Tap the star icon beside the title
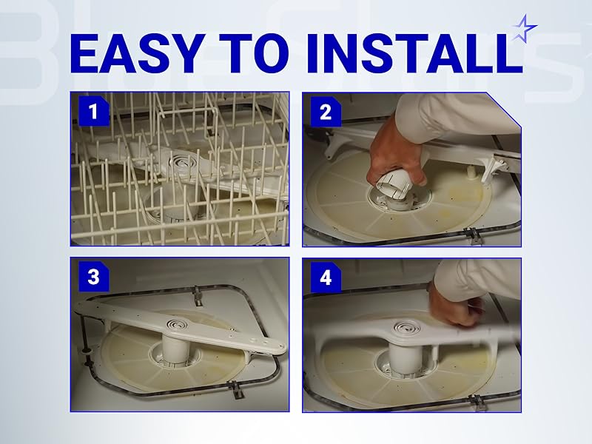(x=525, y=28)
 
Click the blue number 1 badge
(x=92, y=112)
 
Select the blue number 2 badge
(x=324, y=112)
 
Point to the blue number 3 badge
(x=92, y=277)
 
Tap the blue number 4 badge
(x=324, y=279)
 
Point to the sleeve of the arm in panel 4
(x=481, y=277)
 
